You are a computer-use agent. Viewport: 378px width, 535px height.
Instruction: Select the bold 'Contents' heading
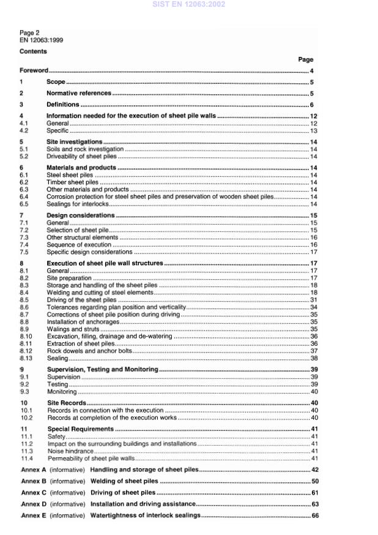33,51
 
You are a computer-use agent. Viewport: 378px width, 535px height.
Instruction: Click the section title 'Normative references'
79,93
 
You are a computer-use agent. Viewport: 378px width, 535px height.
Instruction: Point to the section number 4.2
24,130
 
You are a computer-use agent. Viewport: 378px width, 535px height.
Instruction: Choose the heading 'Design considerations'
81,215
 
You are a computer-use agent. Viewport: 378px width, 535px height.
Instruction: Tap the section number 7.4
24,244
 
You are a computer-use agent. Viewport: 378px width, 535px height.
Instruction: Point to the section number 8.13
26,358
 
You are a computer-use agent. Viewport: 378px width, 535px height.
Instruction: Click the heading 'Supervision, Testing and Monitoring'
102,370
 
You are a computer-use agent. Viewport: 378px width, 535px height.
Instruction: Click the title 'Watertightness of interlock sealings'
145,515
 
